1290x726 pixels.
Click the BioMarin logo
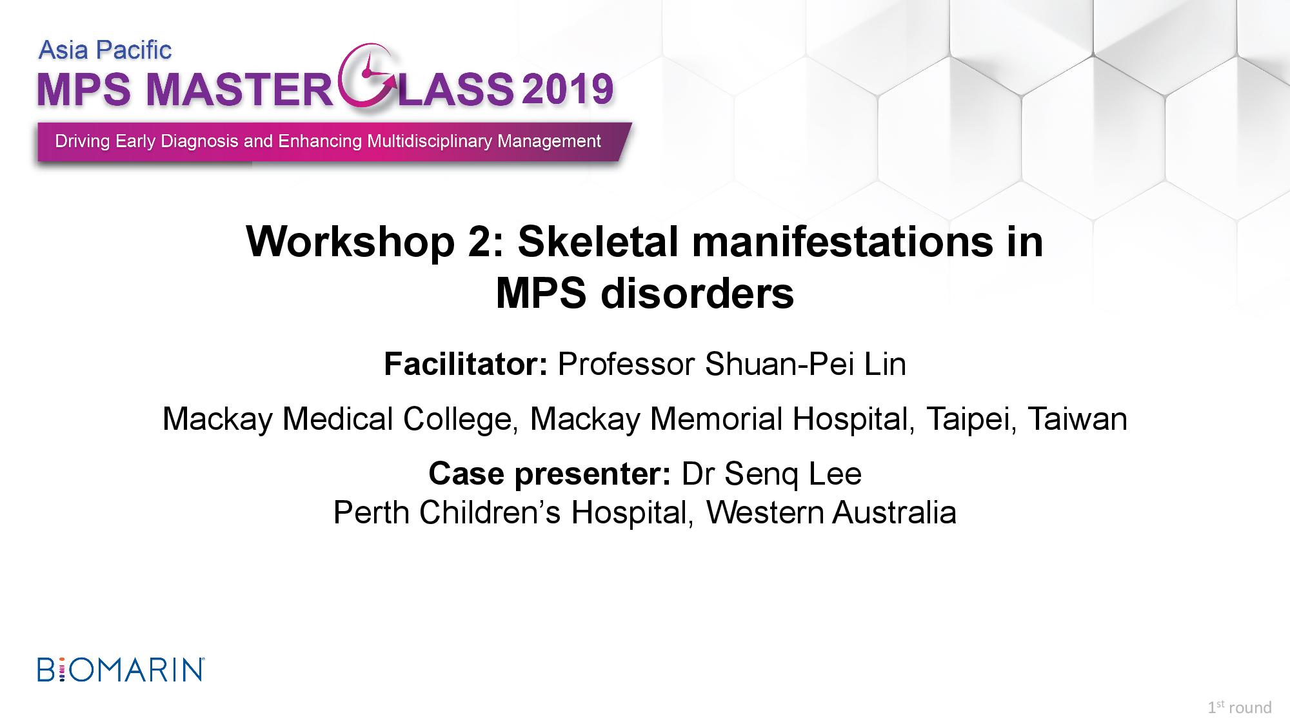coord(121,669)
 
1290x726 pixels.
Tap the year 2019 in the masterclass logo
coord(567,90)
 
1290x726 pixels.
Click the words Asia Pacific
coord(105,50)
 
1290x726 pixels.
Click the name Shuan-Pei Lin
coord(806,364)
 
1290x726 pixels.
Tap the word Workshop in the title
coord(350,243)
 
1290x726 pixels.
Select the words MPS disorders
coord(645,294)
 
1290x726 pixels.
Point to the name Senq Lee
coord(793,474)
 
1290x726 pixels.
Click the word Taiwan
coord(1077,419)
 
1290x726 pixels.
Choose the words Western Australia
coord(831,513)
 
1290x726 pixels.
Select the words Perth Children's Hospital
coord(514,513)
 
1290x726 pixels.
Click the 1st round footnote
coord(1240,707)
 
